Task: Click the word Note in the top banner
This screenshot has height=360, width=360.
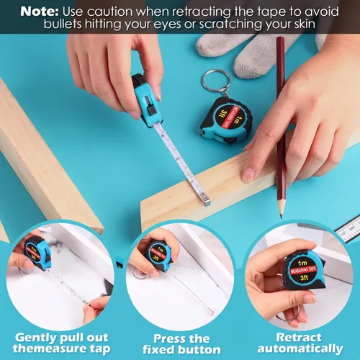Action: [40, 12]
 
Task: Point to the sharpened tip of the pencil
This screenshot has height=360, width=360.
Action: [281, 217]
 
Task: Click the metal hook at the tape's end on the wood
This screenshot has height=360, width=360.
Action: [207, 200]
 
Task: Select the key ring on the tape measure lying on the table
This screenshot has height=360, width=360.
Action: [215, 81]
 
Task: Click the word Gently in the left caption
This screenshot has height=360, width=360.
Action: [36, 338]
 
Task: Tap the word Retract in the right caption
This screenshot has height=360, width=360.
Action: [299, 337]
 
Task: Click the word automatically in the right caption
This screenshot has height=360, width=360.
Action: [300, 348]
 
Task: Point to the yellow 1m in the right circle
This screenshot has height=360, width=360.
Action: [302, 263]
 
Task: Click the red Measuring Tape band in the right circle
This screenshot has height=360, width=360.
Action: [303, 270]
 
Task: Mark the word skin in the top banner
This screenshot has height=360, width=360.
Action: [305, 24]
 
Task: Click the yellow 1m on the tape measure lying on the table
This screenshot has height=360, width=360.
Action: [236, 120]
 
